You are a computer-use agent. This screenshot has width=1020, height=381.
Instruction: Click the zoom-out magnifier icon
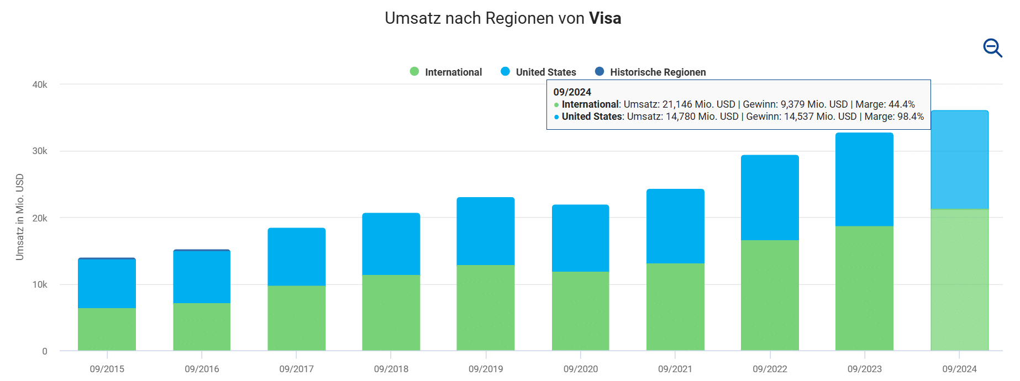point(992,48)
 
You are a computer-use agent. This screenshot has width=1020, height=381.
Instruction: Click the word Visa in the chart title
point(604,18)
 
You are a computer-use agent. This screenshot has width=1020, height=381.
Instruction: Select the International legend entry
point(446,72)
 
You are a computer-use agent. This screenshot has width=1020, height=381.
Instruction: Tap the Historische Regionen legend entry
point(650,72)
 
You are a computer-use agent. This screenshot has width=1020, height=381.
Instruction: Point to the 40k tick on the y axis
point(40,84)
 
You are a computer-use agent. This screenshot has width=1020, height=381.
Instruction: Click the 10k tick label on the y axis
point(40,284)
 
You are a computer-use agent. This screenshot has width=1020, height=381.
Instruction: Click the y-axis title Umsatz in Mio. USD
point(20,217)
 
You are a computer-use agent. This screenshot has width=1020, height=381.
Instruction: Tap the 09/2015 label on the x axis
point(107,369)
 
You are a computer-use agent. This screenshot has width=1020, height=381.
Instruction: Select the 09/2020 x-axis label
point(581,369)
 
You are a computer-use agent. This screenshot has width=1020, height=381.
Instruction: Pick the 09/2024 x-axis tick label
point(960,369)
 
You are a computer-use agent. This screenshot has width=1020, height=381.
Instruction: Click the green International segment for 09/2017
point(297,317)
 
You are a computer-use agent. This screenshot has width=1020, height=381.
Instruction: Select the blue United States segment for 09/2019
point(486,231)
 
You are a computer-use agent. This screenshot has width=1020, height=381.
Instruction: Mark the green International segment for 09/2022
point(770,295)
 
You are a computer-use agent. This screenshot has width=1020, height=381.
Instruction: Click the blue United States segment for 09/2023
point(864,179)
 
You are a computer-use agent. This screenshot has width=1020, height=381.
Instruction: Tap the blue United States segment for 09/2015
point(107,283)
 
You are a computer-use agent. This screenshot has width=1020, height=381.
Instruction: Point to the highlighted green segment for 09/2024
point(960,279)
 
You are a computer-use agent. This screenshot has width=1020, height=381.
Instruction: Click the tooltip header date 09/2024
point(572,92)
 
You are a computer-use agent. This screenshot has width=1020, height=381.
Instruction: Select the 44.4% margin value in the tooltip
point(901,104)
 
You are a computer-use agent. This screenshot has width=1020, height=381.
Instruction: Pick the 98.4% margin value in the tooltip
point(909,117)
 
